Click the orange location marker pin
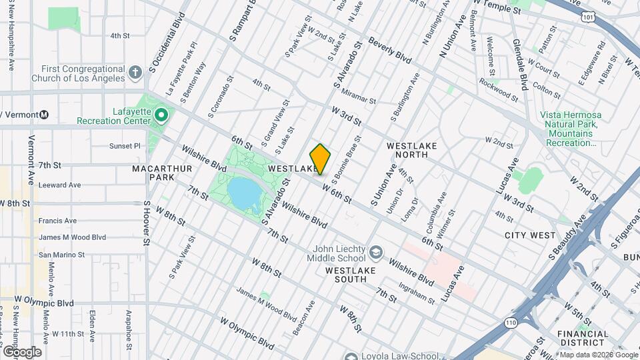[x=320, y=159]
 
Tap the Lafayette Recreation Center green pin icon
[x=161, y=116]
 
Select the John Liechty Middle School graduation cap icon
[x=376, y=253]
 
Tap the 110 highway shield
[x=511, y=323]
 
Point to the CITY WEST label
[x=530, y=235]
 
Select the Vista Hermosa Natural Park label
[x=570, y=129]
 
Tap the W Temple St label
[x=497, y=10]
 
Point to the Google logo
[x=22, y=352]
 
